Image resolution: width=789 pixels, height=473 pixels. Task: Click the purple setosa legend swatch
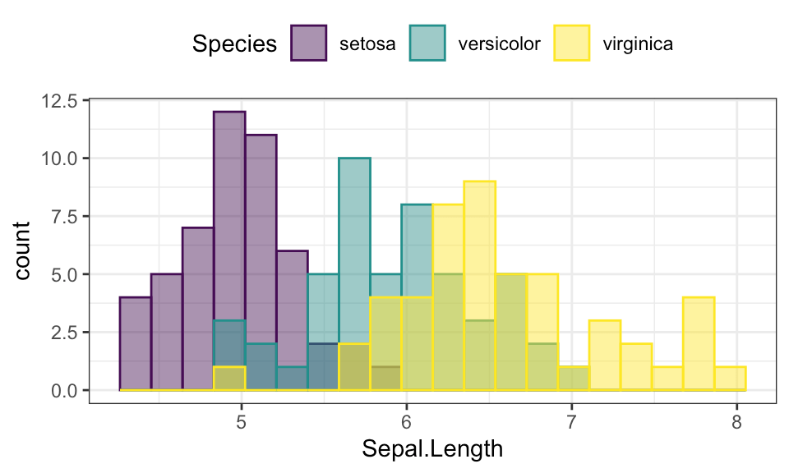coord(309,44)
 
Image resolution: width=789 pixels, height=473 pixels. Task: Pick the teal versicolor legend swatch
coord(426,44)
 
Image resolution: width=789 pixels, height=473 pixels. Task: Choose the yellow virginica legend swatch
coord(573,44)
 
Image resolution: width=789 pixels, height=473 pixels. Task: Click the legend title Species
coord(234,44)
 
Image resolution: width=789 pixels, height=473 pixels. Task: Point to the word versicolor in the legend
coord(501,44)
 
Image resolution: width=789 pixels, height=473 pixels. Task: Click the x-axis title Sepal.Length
coord(432,449)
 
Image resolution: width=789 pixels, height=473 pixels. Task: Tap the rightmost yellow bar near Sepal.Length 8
coord(730,379)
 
